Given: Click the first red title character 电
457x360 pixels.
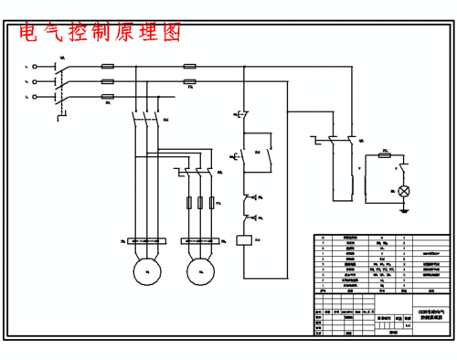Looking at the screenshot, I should tap(28, 33).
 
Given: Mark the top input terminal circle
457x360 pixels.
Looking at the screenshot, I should tap(35, 66).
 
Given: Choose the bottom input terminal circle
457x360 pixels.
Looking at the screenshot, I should tap(35, 96).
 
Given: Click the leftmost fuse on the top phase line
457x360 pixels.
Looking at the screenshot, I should tap(108, 66).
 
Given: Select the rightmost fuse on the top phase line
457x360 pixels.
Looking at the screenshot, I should tap(190, 66).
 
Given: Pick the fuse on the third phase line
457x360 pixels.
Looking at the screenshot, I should tap(108, 96).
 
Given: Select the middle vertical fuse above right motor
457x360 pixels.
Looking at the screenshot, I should tap(200, 202).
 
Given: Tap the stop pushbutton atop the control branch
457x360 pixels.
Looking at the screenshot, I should tap(244, 115).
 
